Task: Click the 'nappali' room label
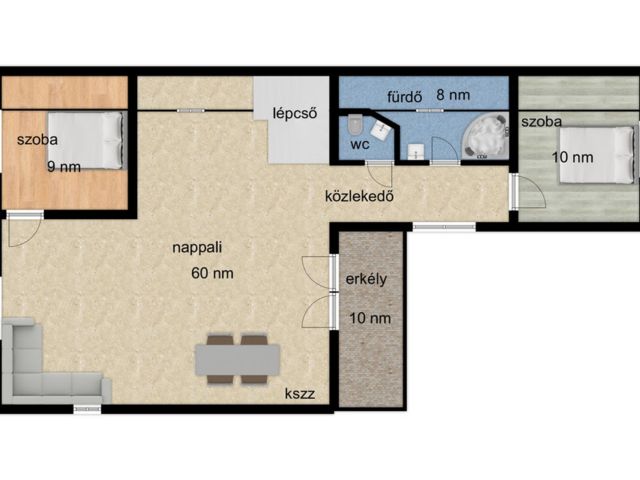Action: click(x=197, y=248)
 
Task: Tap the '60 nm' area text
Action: click(x=212, y=273)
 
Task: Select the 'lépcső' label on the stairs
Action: click(x=295, y=113)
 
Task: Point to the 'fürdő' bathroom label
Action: click(x=404, y=97)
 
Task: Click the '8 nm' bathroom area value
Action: click(x=453, y=95)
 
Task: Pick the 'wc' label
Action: click(x=360, y=144)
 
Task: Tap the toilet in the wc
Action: click(x=356, y=124)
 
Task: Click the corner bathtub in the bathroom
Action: click(x=485, y=136)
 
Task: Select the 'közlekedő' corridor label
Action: click(x=360, y=196)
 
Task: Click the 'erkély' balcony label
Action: click(x=366, y=279)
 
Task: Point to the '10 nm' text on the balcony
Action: click(x=370, y=318)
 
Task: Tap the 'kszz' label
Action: click(x=300, y=394)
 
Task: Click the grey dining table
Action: click(x=238, y=360)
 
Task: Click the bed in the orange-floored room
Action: click(x=87, y=141)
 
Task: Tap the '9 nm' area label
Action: click(x=64, y=167)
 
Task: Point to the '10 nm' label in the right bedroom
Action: click(x=573, y=157)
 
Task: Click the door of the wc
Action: click(x=380, y=173)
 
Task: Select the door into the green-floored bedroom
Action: click(x=527, y=191)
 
